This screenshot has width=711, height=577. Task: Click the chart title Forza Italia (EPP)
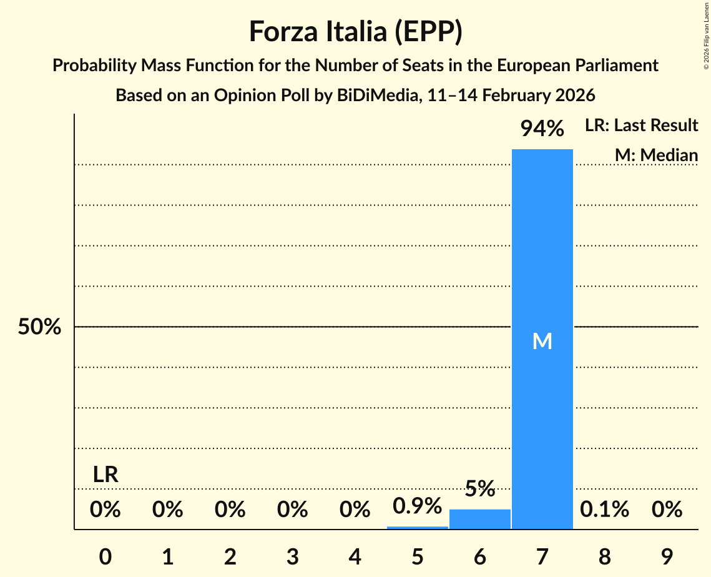[x=355, y=32]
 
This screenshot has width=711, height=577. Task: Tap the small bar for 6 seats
[x=479, y=519]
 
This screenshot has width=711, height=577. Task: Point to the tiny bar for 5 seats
[x=417, y=528]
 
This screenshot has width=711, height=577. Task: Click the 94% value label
[x=542, y=129]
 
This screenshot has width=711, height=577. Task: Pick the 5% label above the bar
[x=479, y=489]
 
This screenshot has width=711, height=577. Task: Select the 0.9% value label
[x=417, y=506]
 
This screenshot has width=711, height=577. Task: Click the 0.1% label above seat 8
[x=604, y=510]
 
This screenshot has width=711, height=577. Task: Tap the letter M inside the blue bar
[x=542, y=341]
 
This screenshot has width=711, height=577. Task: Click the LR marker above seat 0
[x=105, y=475]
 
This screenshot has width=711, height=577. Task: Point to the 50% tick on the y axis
[x=39, y=327]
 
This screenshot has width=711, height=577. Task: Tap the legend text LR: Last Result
[x=641, y=126]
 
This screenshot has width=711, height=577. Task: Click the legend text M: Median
[x=656, y=155]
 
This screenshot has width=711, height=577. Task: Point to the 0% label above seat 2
[x=230, y=510]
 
